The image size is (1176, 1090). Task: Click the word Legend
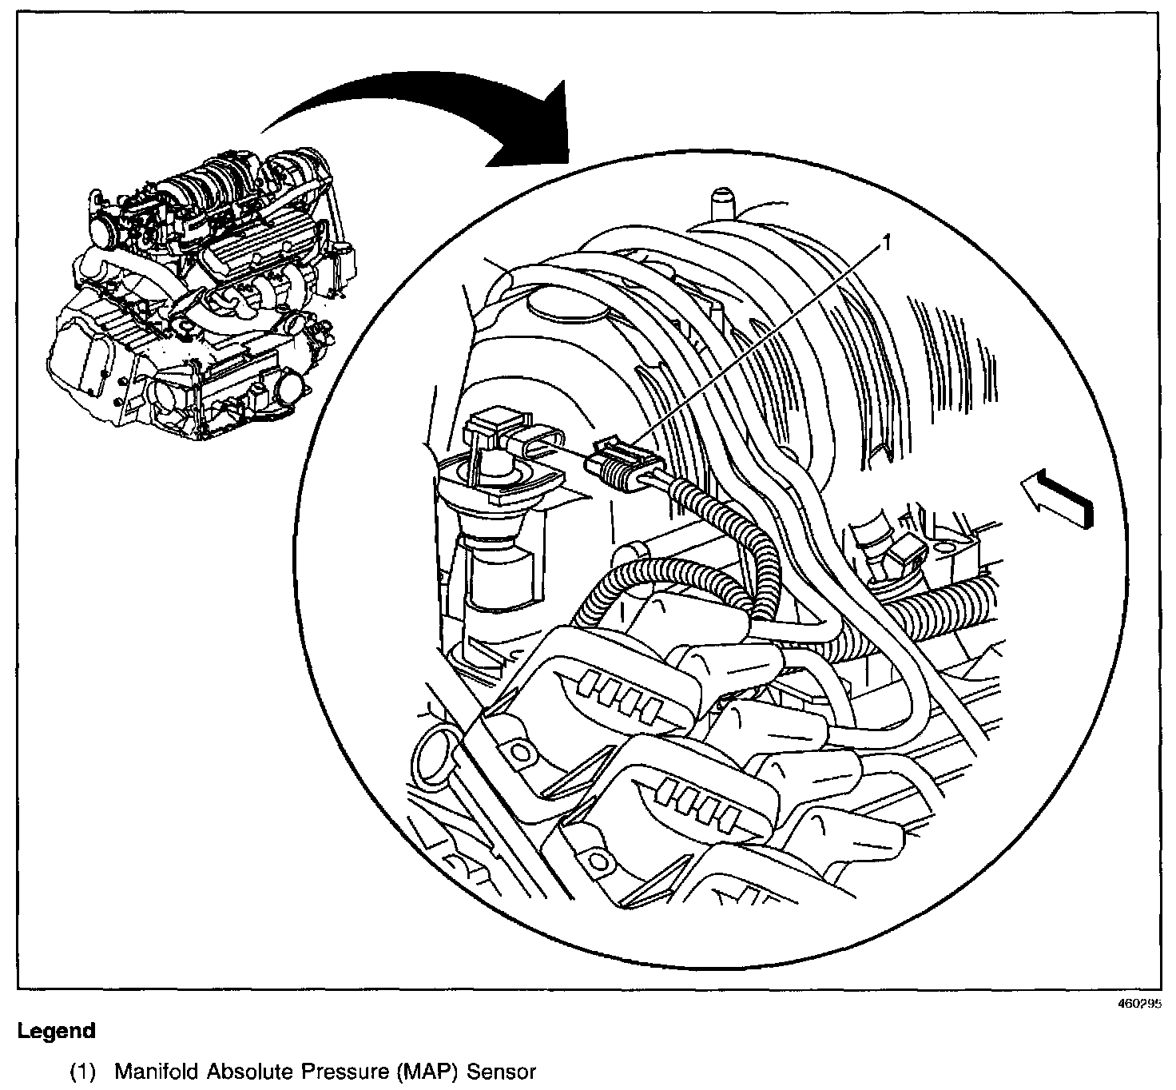(56, 1031)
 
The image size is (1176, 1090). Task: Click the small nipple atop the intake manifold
(723, 201)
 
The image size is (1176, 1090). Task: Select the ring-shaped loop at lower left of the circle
(433, 756)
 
